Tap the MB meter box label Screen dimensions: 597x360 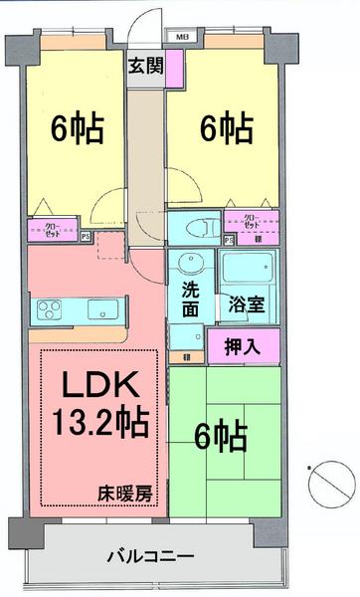point(184,40)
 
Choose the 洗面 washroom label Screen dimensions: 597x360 point(190,301)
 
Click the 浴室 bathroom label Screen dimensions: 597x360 point(247,303)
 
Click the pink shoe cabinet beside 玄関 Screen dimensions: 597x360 point(174,68)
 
